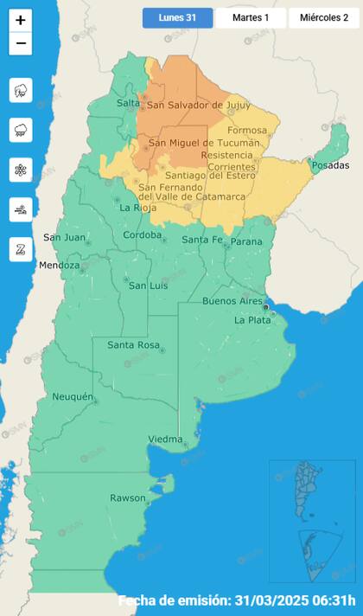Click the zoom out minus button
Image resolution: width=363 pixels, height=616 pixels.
pos(21,43)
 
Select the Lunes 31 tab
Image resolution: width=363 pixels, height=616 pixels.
pos(177,17)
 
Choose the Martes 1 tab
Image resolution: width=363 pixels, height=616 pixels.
pos(251,17)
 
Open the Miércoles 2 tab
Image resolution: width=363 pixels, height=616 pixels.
pos(324,17)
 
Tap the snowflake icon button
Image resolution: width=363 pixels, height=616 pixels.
pos(21,170)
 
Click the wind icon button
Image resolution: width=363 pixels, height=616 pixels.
pos(21,210)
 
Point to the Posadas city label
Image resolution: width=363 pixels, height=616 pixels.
pos(331,165)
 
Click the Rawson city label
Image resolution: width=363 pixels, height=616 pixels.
pos(128,497)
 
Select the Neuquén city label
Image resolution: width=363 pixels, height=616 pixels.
pos(73,396)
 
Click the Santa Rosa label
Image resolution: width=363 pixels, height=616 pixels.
pos(132,345)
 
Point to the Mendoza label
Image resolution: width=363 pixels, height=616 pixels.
pos(59,266)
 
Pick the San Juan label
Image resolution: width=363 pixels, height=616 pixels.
pos(64,237)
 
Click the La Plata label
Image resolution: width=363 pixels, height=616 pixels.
pos(253,320)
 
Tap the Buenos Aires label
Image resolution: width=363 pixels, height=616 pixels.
pos(232,300)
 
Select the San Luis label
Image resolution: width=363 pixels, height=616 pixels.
pos(147,285)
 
